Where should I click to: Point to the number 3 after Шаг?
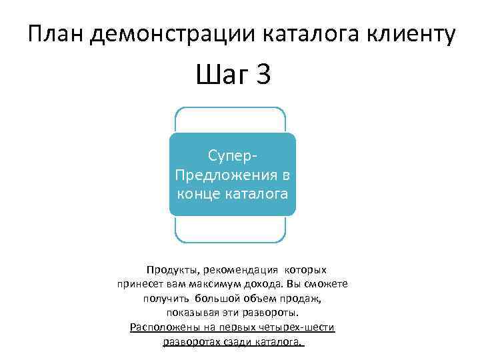coord(262,75)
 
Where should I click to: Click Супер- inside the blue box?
coord(232,156)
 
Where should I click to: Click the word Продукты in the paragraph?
coord(169,270)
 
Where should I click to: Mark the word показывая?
coord(189,313)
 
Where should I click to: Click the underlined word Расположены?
coord(161,327)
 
